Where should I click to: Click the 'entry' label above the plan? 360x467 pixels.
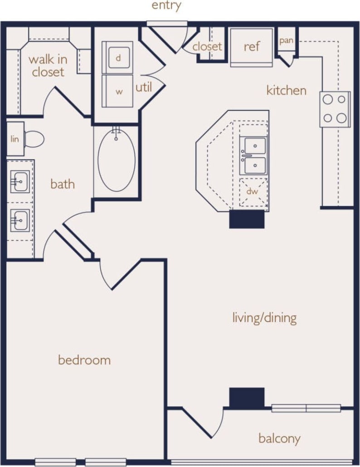pyautogui.click(x=166, y=6)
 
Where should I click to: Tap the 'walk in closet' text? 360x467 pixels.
pyautogui.click(x=47, y=66)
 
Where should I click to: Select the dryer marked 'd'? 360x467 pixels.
pyautogui.click(x=117, y=58)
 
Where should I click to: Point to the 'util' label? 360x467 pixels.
pyautogui.click(x=144, y=87)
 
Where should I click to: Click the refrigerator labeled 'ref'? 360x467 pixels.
pyautogui.click(x=252, y=47)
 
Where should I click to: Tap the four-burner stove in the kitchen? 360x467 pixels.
pyautogui.click(x=335, y=109)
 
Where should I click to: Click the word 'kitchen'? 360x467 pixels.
pyautogui.click(x=286, y=90)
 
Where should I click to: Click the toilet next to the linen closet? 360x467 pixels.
pyautogui.click(x=34, y=139)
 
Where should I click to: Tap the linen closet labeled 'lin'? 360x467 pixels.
pyautogui.click(x=15, y=139)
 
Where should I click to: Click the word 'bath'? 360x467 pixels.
pyautogui.click(x=62, y=185)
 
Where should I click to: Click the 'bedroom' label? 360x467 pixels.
pyautogui.click(x=84, y=360)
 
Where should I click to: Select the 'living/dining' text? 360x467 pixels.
pyautogui.click(x=264, y=318)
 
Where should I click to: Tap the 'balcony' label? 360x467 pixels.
pyautogui.click(x=279, y=438)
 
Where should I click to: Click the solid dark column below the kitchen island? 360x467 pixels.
pyautogui.click(x=247, y=219)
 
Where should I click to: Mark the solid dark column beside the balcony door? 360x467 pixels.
pyautogui.click(x=247, y=398)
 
